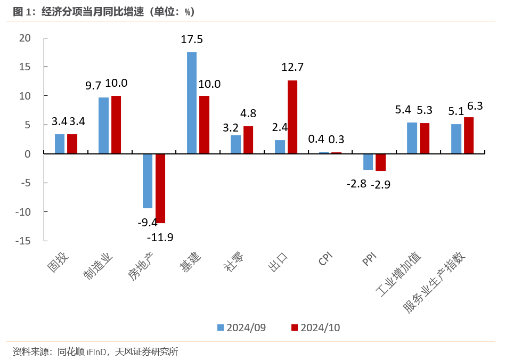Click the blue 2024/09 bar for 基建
pyautogui.click(x=192, y=103)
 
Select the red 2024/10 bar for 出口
pyautogui.click(x=292, y=117)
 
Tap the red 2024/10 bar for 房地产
pyautogui.click(x=160, y=189)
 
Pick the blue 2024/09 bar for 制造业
pyautogui.click(x=103, y=126)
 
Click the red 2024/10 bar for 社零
pyautogui.click(x=248, y=140)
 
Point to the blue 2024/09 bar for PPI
pyautogui.click(x=368, y=162)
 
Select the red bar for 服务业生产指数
pyautogui.click(x=469, y=136)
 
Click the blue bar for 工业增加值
pyautogui.click(x=412, y=138)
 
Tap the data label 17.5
pyautogui.click(x=192, y=40)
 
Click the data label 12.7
pyautogui.click(x=292, y=67)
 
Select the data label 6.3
pyautogui.click(x=475, y=106)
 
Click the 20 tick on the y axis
pyautogui.click(x=25, y=38)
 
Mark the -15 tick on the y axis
pyautogui.click(x=23, y=241)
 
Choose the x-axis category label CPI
pyautogui.click(x=325, y=260)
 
